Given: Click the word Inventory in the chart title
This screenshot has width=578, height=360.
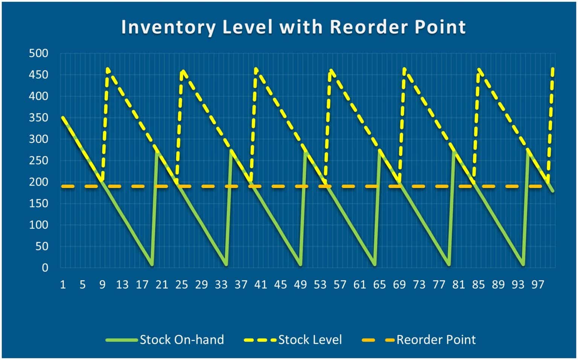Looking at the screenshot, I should pos(169,27).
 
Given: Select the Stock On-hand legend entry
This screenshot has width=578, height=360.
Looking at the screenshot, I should pos(181,340).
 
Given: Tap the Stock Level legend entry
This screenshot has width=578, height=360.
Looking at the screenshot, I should pos(310,340).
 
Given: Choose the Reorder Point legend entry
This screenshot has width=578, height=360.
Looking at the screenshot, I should pos(436,340).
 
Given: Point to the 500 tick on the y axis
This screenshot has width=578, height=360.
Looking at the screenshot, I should pos(39,53).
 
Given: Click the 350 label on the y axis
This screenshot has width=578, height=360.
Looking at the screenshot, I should pos(39,118).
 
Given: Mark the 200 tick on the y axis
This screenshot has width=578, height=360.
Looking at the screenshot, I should pos(39,182).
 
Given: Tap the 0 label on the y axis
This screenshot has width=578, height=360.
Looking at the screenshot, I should pos(45,268).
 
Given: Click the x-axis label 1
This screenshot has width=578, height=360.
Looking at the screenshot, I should pos(63,285).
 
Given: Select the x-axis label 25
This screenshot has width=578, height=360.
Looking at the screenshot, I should pos(181,285).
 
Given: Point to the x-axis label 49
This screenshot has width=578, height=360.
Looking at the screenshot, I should pos(300,285).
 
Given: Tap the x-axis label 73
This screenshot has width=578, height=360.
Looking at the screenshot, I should pos(419,285).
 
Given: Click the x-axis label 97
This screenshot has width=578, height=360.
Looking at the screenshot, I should pos(538,285).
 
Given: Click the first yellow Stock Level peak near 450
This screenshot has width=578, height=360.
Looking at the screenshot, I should pos(108,70).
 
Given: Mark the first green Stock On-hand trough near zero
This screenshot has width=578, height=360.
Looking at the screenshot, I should pos(152,265).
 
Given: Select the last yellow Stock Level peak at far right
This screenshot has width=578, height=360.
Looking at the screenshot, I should pos(553,69).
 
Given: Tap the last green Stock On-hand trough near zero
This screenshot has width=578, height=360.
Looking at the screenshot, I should pos(523,265).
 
